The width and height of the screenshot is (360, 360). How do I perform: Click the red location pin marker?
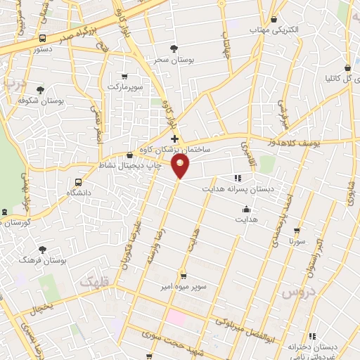[x=181, y=167]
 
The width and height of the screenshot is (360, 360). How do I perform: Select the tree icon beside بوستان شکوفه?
[x=40, y=90]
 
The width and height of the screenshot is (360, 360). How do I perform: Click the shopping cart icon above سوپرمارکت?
[x=124, y=76]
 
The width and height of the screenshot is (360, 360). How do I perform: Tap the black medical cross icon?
[x=174, y=139]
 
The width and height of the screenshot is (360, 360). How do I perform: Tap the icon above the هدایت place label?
[x=246, y=209]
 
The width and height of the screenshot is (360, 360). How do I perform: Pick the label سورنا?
[x=296, y=240]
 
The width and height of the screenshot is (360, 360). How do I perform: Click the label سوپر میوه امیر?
[x=183, y=285]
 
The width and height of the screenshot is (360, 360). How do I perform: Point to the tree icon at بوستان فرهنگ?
[x=43, y=249]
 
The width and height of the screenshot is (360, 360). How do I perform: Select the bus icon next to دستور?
[x=42, y=39]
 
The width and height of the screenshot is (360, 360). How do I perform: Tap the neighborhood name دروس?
[x=296, y=291]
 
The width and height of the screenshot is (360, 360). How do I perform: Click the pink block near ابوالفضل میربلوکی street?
[x=176, y=317]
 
